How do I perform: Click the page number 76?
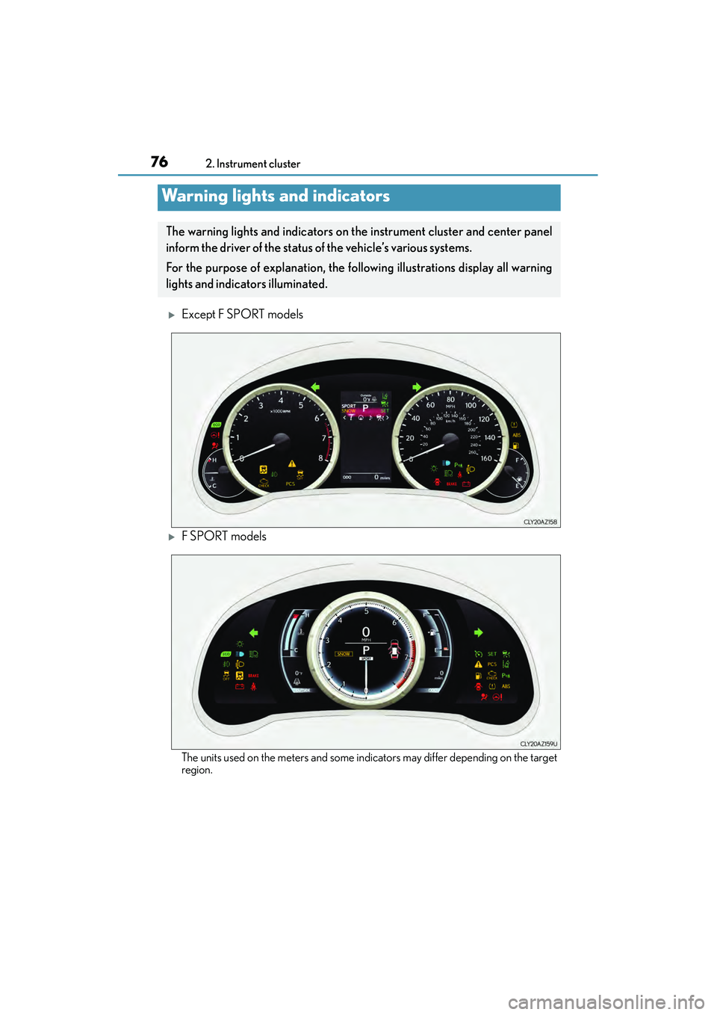click(x=159, y=161)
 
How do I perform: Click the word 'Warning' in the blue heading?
click(x=194, y=196)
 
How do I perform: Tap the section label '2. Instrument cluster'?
click(x=252, y=164)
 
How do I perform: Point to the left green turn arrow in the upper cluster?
click(x=315, y=386)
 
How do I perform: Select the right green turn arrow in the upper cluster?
click(x=417, y=387)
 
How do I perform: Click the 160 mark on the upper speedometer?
click(x=486, y=458)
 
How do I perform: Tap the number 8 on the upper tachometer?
click(x=320, y=458)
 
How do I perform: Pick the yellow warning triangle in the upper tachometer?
click(x=292, y=463)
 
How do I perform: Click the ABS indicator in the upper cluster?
click(x=516, y=435)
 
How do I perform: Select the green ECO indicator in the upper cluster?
click(x=216, y=425)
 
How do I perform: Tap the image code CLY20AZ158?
click(x=540, y=522)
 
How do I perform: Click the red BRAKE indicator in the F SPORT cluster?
click(x=253, y=676)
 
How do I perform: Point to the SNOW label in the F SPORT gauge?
click(x=344, y=654)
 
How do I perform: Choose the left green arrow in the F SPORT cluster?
click(x=253, y=633)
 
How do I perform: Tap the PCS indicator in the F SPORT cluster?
click(x=492, y=664)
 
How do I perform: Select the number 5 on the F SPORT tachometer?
click(x=366, y=611)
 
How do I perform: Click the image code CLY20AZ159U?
click(x=538, y=744)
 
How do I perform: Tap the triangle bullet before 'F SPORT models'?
click(x=172, y=537)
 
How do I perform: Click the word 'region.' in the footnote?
click(x=197, y=771)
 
